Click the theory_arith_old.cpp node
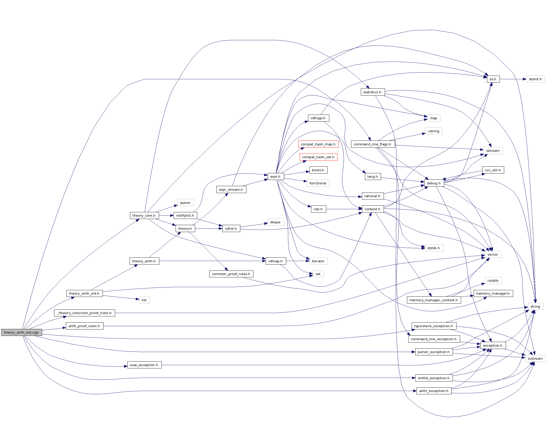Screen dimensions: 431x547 click(x=21, y=332)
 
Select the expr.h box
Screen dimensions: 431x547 click(x=275, y=176)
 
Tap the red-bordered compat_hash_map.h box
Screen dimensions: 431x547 click(x=318, y=144)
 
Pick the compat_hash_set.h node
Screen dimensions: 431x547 click(x=318, y=157)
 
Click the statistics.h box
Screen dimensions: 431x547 click(x=372, y=92)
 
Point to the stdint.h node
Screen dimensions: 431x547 click(x=535, y=79)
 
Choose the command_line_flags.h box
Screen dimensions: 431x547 click(x=372, y=144)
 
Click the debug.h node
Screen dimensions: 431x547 click(x=434, y=183)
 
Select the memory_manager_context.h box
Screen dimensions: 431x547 click(x=434, y=300)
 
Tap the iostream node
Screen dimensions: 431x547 click(x=535, y=358)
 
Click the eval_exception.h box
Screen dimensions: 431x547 click(x=144, y=365)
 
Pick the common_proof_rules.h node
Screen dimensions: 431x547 click(x=231, y=274)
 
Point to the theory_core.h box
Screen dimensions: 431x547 click(x=144, y=215)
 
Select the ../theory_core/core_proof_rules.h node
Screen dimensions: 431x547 click(x=84, y=313)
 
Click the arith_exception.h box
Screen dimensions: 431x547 click(x=434, y=391)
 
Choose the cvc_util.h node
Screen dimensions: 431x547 click(x=493, y=170)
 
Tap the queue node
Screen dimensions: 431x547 click(x=185, y=203)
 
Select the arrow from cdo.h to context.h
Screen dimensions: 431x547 click(x=344, y=209)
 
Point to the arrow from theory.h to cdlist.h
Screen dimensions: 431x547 click(x=208, y=228)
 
